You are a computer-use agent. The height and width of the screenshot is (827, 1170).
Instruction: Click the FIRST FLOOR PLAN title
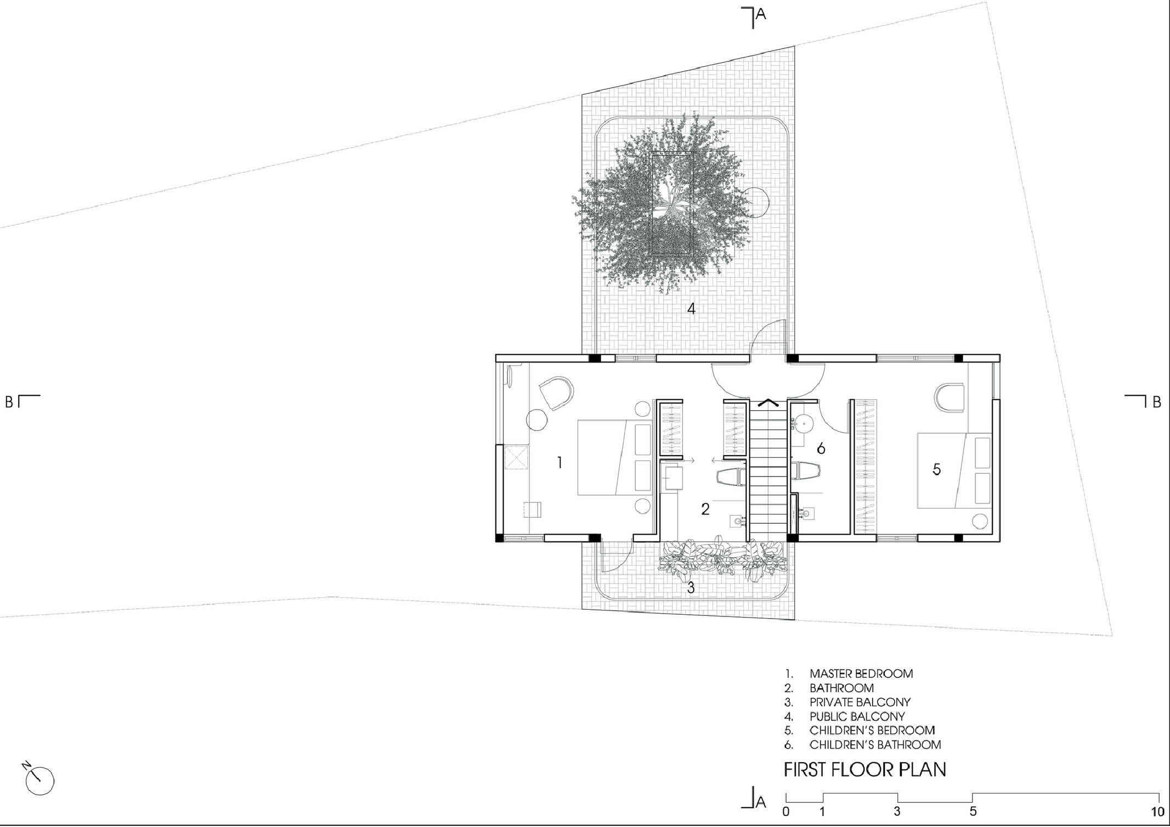pos(865,769)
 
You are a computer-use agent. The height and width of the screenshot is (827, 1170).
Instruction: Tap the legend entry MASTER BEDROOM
pos(861,673)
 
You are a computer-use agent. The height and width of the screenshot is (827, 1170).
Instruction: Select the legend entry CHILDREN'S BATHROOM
pos(875,745)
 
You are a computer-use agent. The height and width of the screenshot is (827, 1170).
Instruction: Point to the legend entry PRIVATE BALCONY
pos(860,702)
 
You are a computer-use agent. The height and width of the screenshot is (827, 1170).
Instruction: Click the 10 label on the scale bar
pos(1157,812)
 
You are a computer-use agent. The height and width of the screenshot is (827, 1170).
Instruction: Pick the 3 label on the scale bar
pos(897,812)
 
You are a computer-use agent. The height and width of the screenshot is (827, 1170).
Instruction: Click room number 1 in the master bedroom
pos(559,463)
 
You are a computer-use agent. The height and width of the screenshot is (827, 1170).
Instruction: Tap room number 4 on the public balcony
pos(692,309)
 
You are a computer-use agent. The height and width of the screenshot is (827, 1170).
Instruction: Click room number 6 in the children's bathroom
pos(821,449)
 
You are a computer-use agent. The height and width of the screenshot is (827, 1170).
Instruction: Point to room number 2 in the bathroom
pos(705,509)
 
